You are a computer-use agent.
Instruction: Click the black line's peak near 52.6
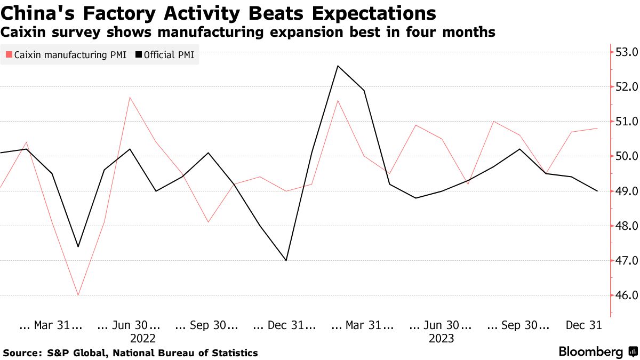point(338,66)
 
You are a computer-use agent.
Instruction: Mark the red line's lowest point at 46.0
point(78,295)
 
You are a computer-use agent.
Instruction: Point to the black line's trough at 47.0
point(286,260)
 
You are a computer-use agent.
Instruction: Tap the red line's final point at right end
point(597,129)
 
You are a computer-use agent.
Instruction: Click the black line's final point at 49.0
point(597,191)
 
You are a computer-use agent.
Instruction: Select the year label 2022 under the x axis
point(142,338)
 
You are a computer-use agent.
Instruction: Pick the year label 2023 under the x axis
point(441,338)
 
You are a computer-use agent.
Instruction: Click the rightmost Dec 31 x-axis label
point(583,325)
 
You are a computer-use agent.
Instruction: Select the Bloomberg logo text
point(590,352)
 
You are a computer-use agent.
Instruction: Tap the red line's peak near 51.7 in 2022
point(130,97)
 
